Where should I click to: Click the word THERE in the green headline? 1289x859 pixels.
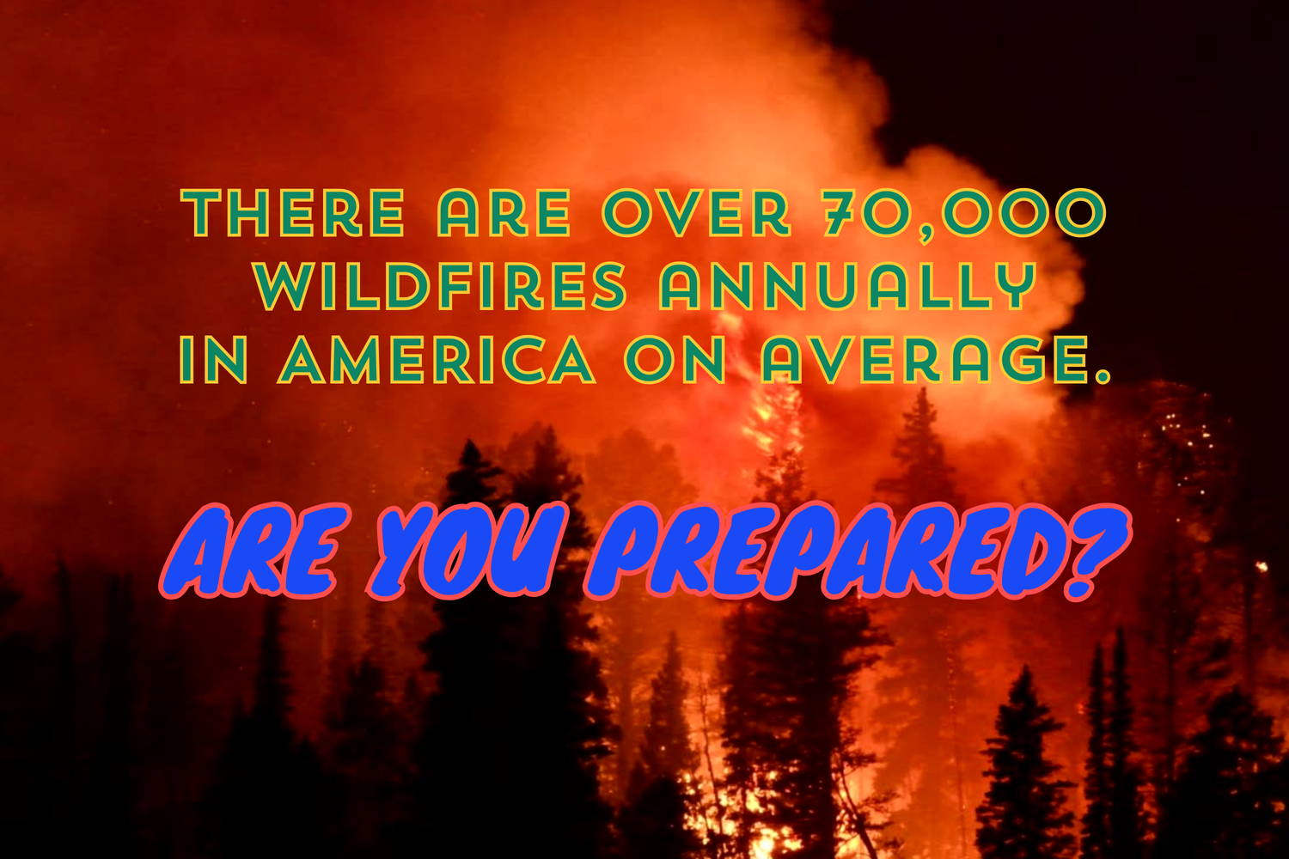pyautogui.click(x=294, y=214)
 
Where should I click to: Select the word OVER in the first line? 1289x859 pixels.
pyautogui.click(x=695, y=214)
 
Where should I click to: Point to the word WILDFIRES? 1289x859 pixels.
pyautogui.click(x=440, y=287)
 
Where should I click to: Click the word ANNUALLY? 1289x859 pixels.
pyautogui.click(x=846, y=287)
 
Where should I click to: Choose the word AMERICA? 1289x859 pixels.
pyautogui.click(x=437, y=360)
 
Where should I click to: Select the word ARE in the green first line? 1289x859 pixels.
pyautogui.click(x=504, y=214)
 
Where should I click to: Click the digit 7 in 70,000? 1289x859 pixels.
pyautogui.click(x=836, y=214)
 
